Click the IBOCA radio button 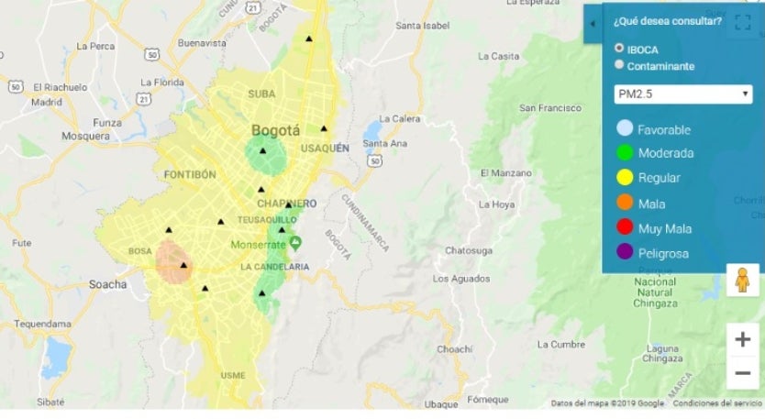620,48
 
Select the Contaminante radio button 620,65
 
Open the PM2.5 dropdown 683,94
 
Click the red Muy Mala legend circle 625,228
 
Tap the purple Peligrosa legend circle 625,253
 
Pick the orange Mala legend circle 625,204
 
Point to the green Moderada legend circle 625,153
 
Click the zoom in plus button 742,340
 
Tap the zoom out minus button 742,372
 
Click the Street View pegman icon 742,279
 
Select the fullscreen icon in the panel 742,24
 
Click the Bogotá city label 275,130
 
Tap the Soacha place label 108,284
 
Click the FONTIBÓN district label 189,174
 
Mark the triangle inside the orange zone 183,265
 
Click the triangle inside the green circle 263,150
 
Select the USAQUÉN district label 326,148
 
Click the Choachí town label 454,349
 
